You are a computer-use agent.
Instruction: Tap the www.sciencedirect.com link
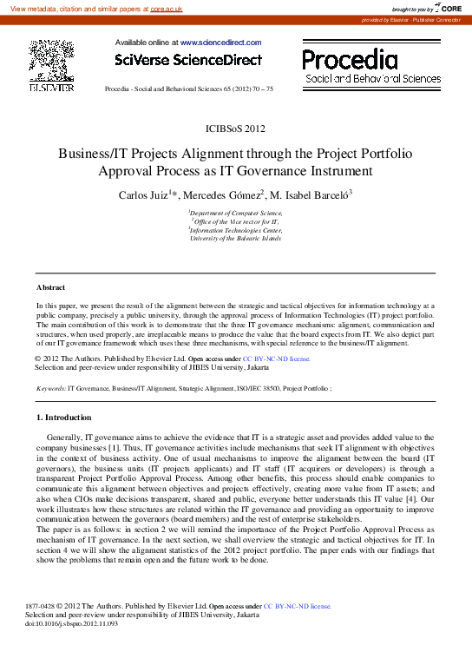[220, 42]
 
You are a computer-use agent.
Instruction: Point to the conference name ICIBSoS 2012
[236, 128]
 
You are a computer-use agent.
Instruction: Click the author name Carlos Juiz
[143, 194]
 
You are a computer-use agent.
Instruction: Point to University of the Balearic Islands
[236, 239]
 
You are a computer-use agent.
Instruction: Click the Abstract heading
[52, 286]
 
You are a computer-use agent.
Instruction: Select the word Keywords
[49, 388]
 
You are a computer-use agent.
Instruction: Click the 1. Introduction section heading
[69, 418]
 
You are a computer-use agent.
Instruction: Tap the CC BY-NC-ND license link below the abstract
[276, 358]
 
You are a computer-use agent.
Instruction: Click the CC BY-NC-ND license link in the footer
[298, 605]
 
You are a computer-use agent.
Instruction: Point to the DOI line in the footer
[71, 622]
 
